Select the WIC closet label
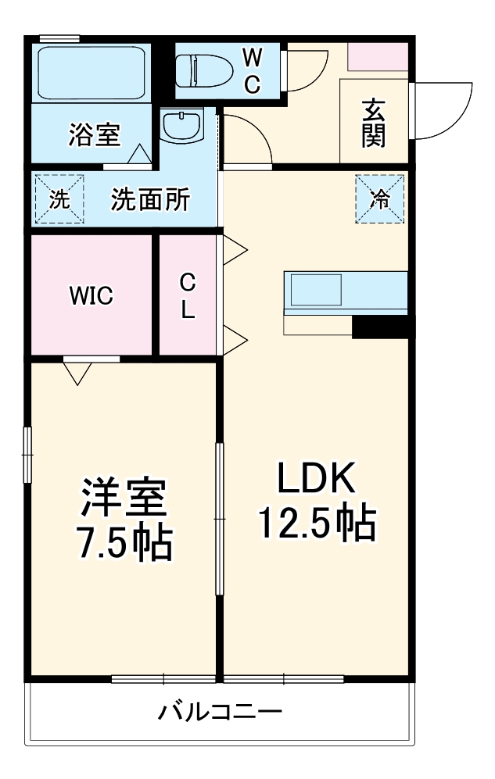point(91,295)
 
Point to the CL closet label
point(187,295)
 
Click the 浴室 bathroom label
point(94,135)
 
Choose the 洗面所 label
point(150,200)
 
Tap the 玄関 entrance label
point(373,123)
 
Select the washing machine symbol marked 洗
point(59,199)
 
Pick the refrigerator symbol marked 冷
point(380,199)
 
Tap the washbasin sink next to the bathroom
point(183,126)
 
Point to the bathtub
point(92,72)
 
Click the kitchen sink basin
point(316,291)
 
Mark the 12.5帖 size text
point(317,524)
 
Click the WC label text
point(252,71)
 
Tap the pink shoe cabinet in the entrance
point(378,56)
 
